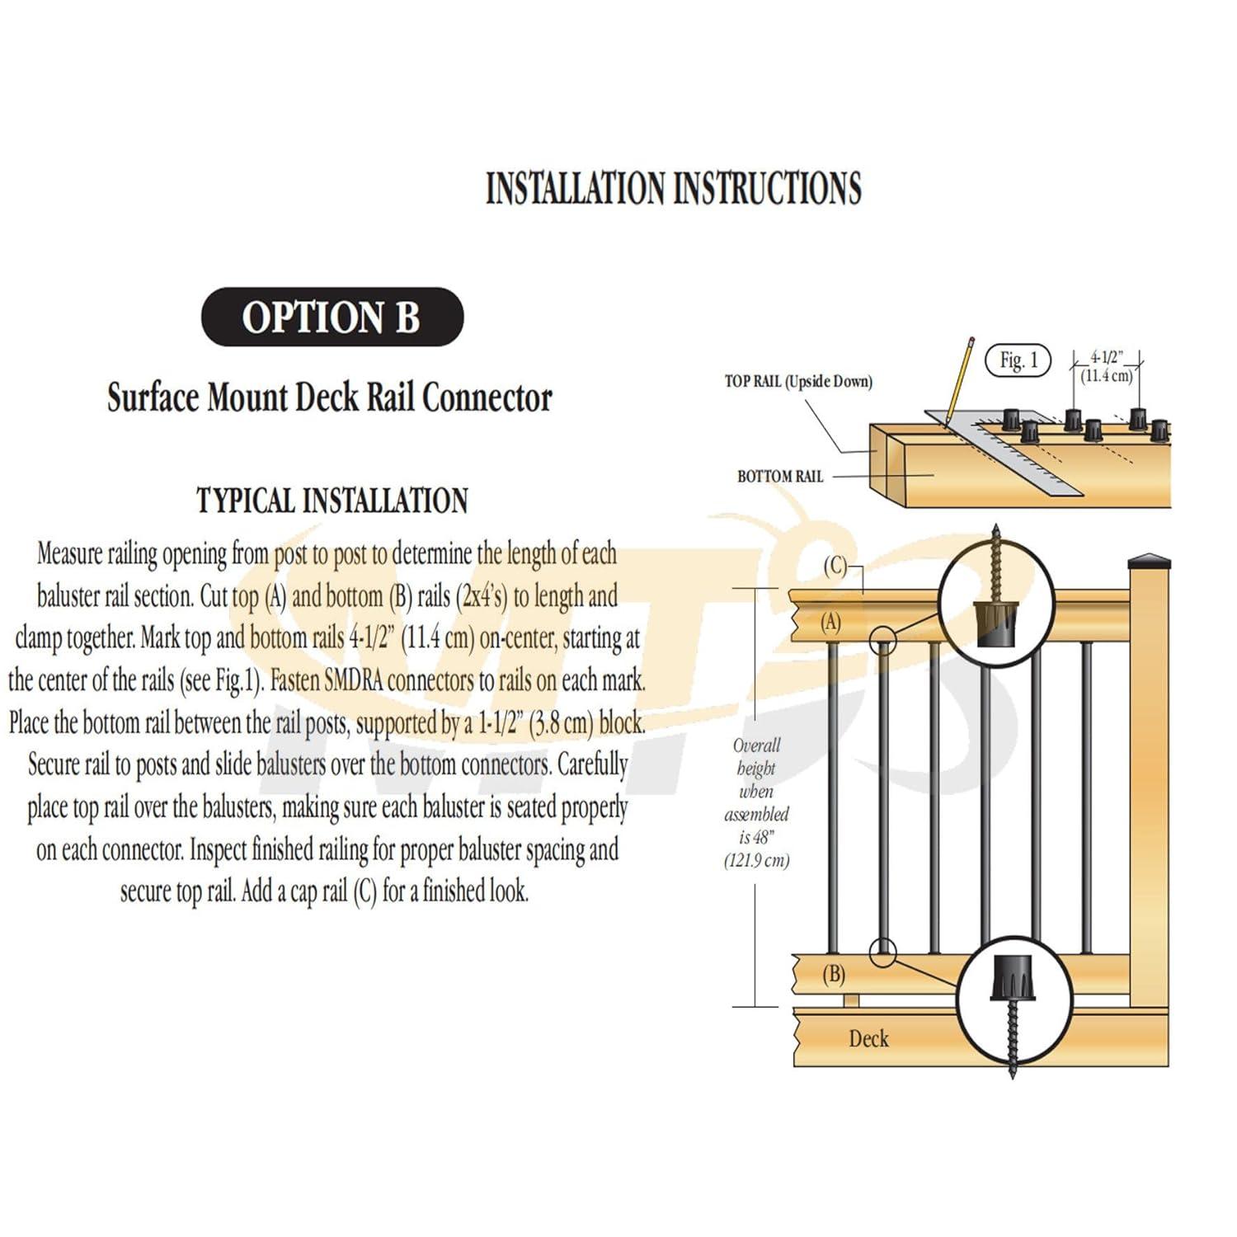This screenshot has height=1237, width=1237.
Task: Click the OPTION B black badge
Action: (x=332, y=317)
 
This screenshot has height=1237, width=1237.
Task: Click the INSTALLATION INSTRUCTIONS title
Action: (x=673, y=188)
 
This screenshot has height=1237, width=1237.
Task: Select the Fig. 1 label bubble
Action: (x=1018, y=360)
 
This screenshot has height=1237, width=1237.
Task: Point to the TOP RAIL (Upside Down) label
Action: (x=797, y=381)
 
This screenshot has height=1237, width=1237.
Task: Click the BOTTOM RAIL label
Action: (x=779, y=477)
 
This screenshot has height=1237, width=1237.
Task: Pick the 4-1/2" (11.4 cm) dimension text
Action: (x=1107, y=367)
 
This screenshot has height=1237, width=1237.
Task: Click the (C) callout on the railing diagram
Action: (x=835, y=566)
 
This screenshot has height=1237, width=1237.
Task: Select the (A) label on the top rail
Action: (x=830, y=623)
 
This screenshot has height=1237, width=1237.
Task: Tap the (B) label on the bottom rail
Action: (x=833, y=975)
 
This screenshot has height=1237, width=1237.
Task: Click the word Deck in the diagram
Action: (x=868, y=1038)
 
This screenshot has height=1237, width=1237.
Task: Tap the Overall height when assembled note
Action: (x=756, y=802)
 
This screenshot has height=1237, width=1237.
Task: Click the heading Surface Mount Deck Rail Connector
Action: (x=330, y=397)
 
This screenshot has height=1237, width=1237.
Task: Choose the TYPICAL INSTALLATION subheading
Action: (x=332, y=501)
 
